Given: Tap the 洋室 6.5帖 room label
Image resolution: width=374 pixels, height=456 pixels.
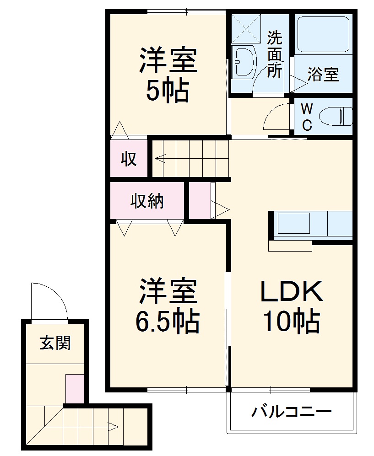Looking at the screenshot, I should tap(168, 305).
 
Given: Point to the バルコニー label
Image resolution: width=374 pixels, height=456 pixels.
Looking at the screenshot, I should tap(291, 412).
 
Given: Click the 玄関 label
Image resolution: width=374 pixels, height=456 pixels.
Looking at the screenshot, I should tap(55, 343).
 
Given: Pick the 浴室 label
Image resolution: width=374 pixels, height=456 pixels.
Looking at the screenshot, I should tap(323, 74).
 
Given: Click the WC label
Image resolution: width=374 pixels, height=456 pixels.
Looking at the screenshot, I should tap(307, 117).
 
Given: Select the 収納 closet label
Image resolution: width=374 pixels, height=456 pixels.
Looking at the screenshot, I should tap(147, 201).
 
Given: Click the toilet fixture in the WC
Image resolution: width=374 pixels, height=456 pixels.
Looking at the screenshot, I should tap(337, 116).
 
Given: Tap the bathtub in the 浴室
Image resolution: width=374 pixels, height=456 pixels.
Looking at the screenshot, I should tap(323, 35).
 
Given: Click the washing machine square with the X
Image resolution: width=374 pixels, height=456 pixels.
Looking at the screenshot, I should tap(245, 29).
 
